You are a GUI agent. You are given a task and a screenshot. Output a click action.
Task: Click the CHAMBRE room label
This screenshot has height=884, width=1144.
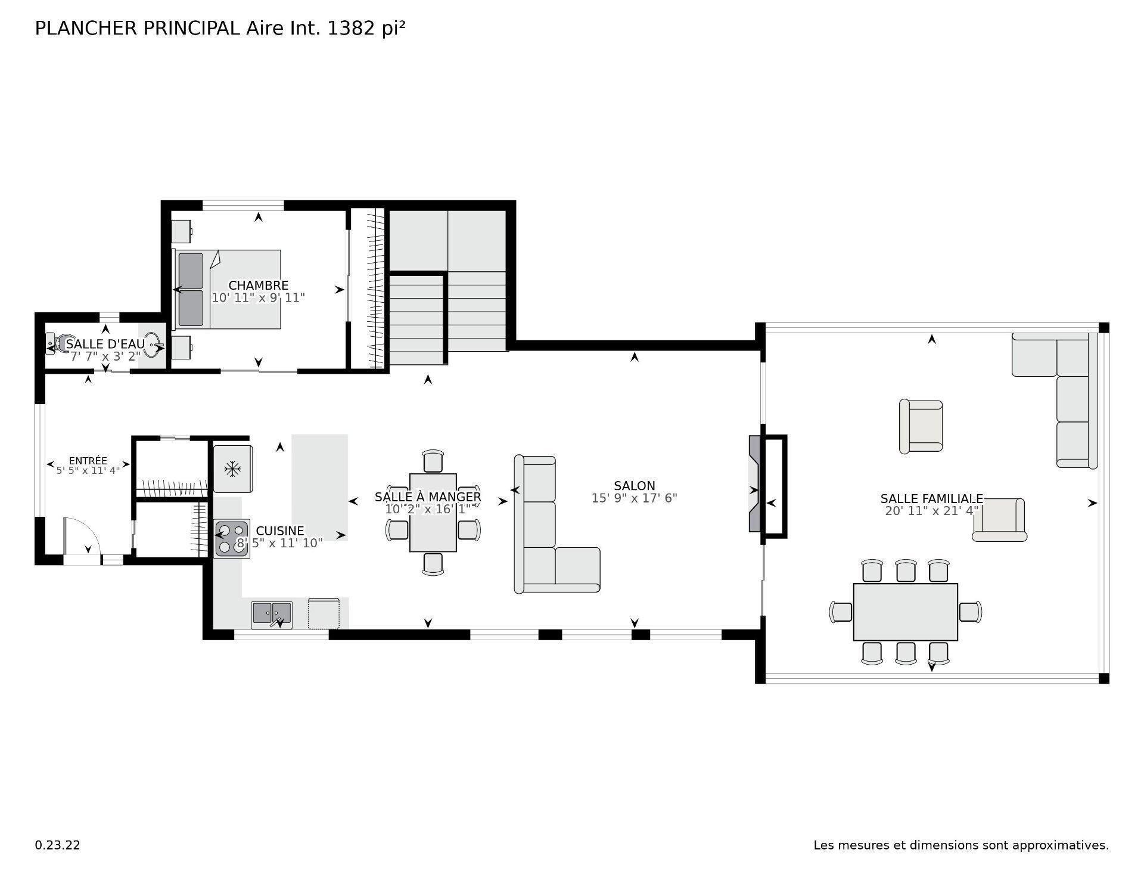click(258, 286)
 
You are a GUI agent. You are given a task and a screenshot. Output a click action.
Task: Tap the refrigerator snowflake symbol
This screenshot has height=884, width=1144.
click(232, 469)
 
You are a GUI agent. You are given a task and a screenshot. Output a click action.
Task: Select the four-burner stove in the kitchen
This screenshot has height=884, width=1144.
click(232, 539)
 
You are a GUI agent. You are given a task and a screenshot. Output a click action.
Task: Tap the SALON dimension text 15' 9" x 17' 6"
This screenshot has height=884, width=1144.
click(634, 498)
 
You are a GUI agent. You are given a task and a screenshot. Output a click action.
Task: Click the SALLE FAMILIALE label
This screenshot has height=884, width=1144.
click(931, 499)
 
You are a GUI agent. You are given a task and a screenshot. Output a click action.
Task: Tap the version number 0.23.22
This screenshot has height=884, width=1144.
click(57, 845)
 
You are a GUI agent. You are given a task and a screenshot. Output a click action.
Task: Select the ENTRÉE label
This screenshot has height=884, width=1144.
click(88, 461)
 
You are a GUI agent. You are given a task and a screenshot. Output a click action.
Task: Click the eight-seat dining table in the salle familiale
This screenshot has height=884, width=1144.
click(905, 612)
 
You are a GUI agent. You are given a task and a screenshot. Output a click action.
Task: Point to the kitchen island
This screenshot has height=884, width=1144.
click(319, 486)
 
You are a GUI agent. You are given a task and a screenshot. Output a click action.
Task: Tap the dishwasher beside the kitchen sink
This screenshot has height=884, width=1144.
click(324, 613)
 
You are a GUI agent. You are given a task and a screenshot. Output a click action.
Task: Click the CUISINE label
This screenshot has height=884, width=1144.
click(279, 531)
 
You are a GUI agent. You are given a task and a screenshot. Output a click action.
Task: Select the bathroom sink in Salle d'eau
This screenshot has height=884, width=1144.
click(153, 345)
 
